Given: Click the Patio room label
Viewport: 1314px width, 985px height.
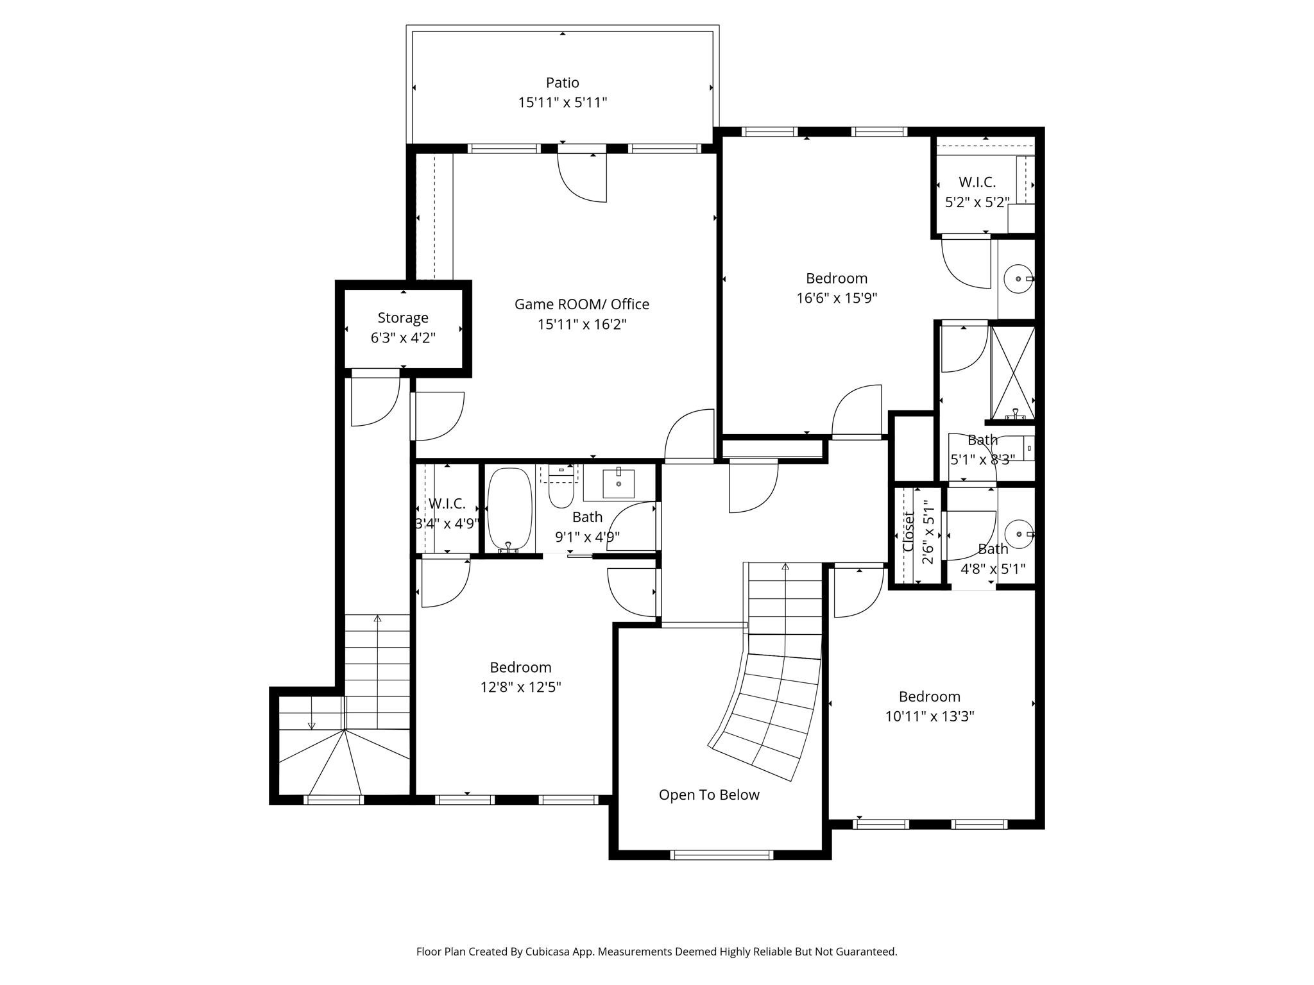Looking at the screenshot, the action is pyautogui.click(x=563, y=83).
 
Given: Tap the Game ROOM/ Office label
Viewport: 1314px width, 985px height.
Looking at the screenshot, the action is pyautogui.click(x=582, y=304).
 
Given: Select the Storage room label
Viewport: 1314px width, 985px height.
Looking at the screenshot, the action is pyautogui.click(x=403, y=318).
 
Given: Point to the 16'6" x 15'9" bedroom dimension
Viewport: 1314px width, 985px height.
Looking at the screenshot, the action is pyautogui.click(x=837, y=298).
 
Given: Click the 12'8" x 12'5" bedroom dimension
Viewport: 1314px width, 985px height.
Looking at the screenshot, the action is pyautogui.click(x=520, y=687).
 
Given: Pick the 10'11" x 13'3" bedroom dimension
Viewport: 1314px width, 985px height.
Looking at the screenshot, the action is pyautogui.click(x=930, y=716).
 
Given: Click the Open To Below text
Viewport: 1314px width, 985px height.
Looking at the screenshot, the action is pyautogui.click(x=709, y=795).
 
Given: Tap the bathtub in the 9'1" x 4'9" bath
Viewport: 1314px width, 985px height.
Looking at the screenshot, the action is pyautogui.click(x=510, y=510).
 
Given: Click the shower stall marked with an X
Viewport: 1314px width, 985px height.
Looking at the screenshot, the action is pyautogui.click(x=1013, y=372).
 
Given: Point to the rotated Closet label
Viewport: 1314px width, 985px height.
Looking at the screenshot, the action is pyautogui.click(x=909, y=532).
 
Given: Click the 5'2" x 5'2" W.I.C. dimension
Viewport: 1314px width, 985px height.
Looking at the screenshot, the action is pyautogui.click(x=977, y=203).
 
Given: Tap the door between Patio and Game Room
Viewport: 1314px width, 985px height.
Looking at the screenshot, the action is pyautogui.click(x=582, y=174).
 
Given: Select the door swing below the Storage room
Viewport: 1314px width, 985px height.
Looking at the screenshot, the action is pyautogui.click(x=375, y=398).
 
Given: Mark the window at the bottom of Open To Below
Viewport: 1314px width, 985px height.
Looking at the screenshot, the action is pyautogui.click(x=722, y=854).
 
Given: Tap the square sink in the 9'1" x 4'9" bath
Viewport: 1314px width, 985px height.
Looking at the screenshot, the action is pyautogui.click(x=619, y=484).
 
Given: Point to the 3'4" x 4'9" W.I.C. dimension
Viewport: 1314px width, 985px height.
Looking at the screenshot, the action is pyautogui.click(x=447, y=524).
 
